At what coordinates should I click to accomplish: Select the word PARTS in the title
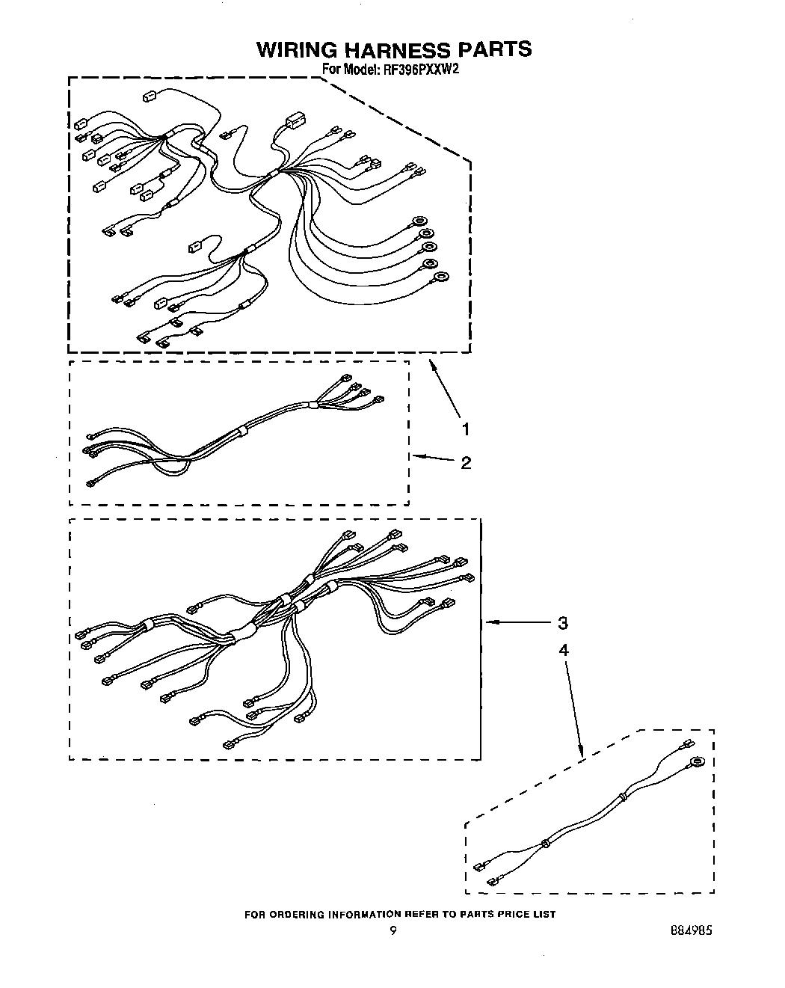click(x=494, y=49)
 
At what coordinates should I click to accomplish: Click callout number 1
click(x=466, y=429)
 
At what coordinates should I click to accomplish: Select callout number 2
click(x=466, y=463)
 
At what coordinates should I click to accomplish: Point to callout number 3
click(x=562, y=622)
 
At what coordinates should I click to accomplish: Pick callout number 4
click(x=563, y=650)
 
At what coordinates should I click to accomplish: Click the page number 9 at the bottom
click(x=392, y=931)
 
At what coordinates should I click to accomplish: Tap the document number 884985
click(x=691, y=931)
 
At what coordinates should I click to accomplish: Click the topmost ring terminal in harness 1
click(x=419, y=220)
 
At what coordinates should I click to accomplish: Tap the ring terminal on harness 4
click(x=698, y=763)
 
